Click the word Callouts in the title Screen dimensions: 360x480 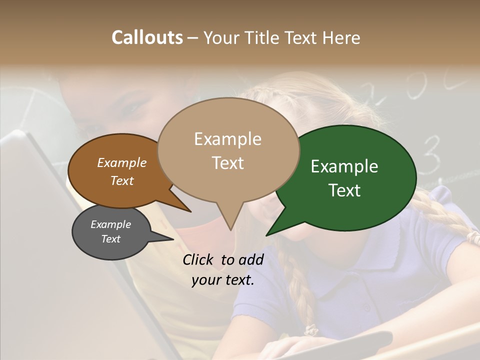coord(147,37)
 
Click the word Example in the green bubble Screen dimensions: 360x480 coord(344,166)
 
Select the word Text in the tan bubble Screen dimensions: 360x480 coord(227,163)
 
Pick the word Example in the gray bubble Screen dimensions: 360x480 coord(110,224)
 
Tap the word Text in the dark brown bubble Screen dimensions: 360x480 coord(122,180)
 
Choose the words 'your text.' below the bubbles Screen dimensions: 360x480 coord(223,280)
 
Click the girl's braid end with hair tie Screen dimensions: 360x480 coord(311,330)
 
